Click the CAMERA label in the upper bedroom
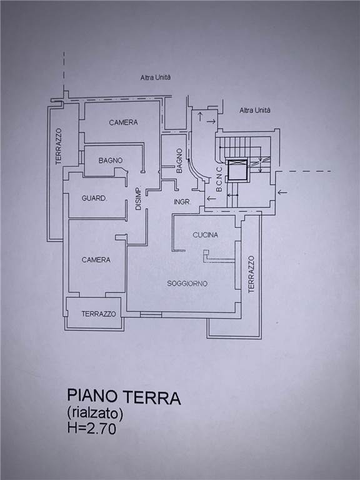click(x=123, y=122)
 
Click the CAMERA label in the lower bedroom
click(x=96, y=260)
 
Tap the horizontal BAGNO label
click(x=111, y=161)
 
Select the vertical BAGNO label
click(x=179, y=161)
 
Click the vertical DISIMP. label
click(x=138, y=198)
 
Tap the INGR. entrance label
click(x=182, y=202)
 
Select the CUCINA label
click(x=206, y=235)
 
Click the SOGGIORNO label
click(x=187, y=284)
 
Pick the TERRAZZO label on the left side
click(x=59, y=146)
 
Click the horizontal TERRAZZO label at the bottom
click(x=99, y=314)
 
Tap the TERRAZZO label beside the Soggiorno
click(x=251, y=274)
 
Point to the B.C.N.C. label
click(x=219, y=179)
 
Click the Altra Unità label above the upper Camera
click(x=156, y=77)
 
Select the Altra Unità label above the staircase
click(x=255, y=110)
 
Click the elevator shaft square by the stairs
click(x=237, y=169)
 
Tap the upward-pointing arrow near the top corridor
click(x=199, y=117)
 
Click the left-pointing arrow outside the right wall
click(x=282, y=192)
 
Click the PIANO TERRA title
click(x=124, y=396)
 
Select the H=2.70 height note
click(x=92, y=428)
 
